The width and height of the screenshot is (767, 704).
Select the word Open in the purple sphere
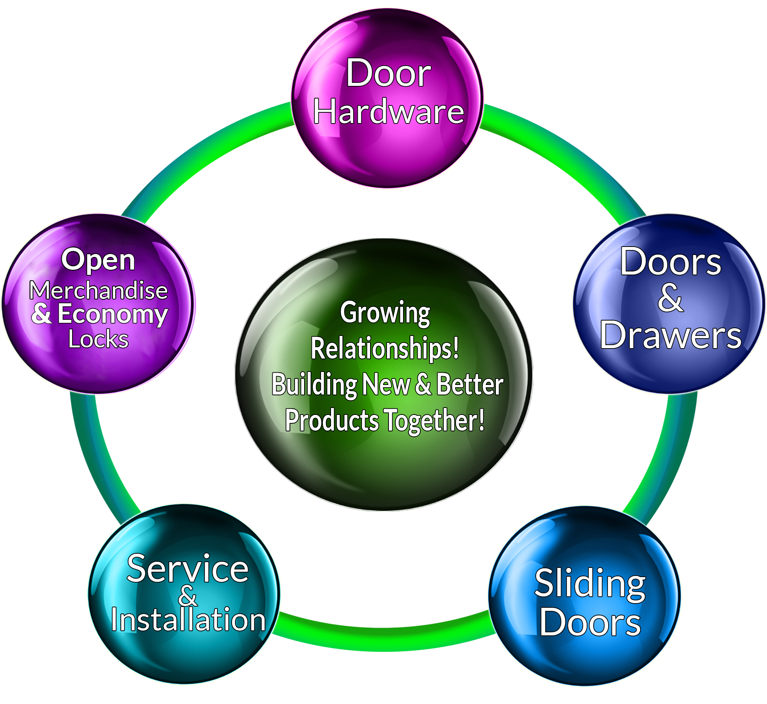coord(98,260)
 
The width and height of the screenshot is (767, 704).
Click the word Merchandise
coord(99,290)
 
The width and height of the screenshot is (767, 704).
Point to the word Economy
coord(113,314)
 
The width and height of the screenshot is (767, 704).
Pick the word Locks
coord(98,339)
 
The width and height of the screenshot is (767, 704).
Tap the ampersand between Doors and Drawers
coord(670,298)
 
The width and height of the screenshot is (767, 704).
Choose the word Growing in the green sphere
coord(385,313)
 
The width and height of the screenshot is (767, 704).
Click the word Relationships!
coord(385,348)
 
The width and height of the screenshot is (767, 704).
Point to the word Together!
coord(434,420)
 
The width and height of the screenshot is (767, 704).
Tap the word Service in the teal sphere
coord(188,568)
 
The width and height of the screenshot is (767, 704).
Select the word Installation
coord(188,620)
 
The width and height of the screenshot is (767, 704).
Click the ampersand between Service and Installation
coord(188,596)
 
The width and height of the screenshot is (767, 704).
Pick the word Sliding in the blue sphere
coord(590,584)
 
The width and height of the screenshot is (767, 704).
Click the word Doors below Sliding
coord(590,623)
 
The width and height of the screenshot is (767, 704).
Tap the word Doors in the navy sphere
coord(671,262)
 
